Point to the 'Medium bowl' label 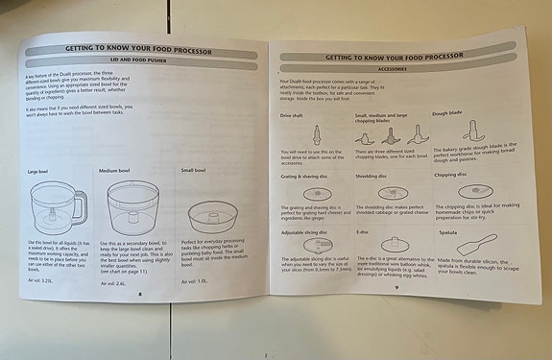coord(115,169)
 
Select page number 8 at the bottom coord(139,297)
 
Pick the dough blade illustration coord(473,132)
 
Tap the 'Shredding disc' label coord(371,175)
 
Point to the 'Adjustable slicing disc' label coord(304,231)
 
